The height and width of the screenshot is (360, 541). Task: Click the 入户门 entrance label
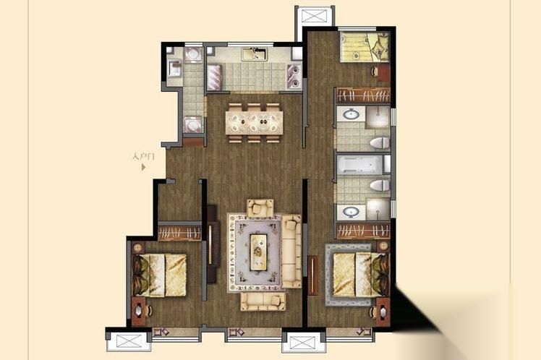(143, 157)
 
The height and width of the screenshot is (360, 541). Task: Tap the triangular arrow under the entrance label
(143, 167)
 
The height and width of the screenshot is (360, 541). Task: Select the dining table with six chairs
(254, 122)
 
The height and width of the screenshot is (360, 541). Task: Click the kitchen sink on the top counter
(255, 54)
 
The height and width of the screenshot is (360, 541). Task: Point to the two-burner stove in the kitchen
(294, 76)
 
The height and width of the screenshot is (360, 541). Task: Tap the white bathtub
(360, 165)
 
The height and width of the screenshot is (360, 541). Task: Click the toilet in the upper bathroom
(380, 142)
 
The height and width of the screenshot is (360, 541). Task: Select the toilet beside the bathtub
(380, 186)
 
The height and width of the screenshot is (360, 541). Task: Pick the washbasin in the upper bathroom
(351, 113)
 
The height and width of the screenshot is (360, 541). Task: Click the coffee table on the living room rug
(259, 252)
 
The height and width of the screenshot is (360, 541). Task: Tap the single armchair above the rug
(260, 208)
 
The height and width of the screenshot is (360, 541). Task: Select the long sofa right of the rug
(291, 252)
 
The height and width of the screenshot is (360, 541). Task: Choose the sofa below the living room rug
(263, 301)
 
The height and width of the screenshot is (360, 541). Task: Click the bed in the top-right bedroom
(365, 47)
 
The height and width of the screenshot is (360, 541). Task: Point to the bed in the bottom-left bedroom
(160, 275)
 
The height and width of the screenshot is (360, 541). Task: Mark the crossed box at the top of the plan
(314, 16)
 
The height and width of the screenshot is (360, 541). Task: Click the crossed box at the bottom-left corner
(129, 341)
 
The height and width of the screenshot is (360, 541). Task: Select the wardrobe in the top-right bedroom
(363, 95)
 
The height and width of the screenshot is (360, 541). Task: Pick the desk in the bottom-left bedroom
(138, 312)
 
